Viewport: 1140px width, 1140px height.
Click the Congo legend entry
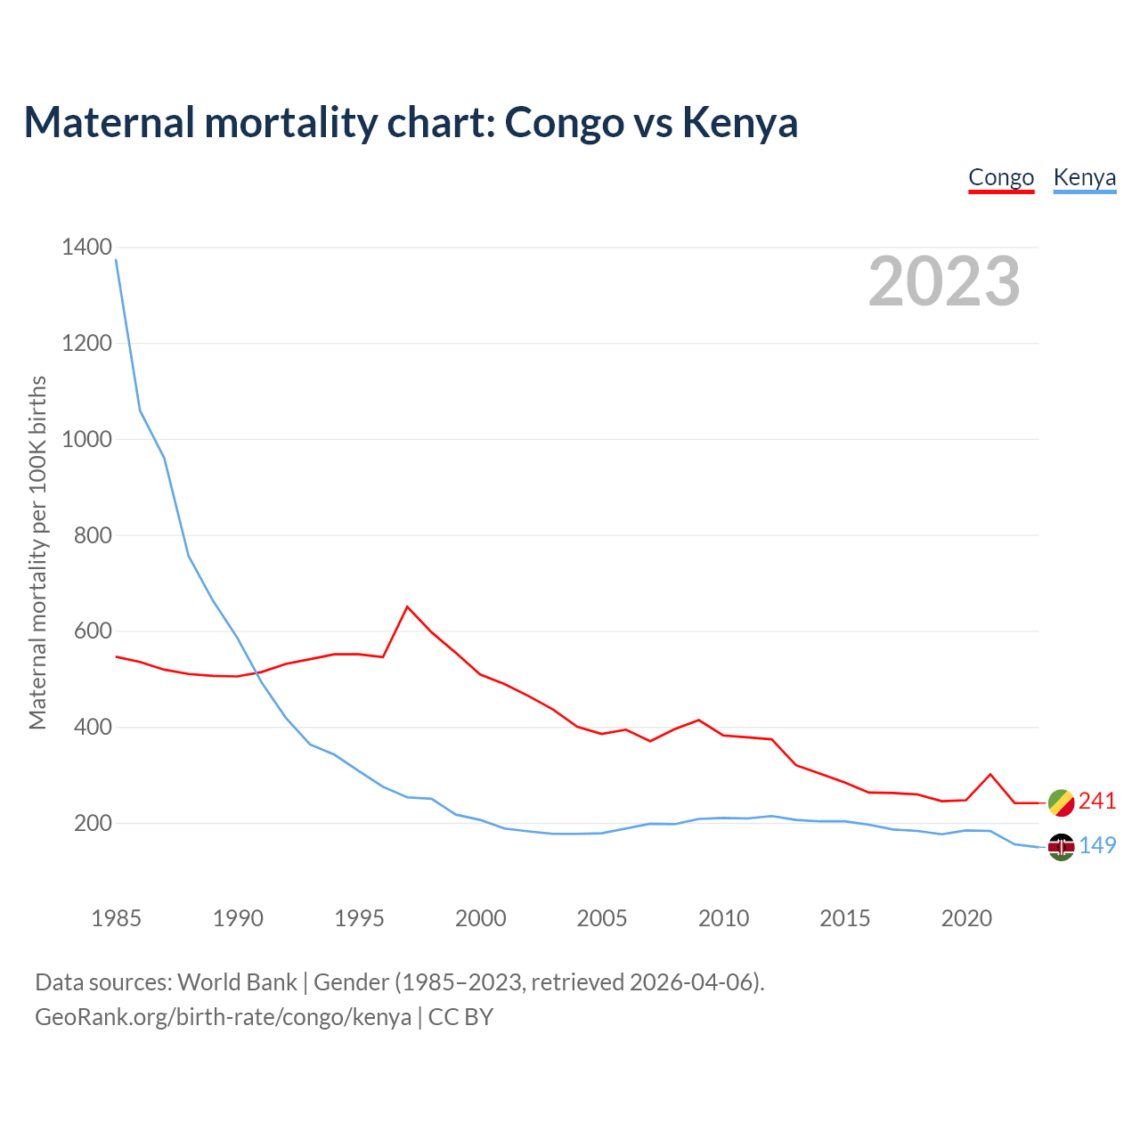tap(1001, 177)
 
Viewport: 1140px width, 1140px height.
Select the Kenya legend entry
tap(1084, 177)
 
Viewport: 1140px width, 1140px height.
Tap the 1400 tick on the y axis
tap(86, 247)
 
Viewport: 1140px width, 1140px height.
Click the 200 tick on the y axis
tap(92, 824)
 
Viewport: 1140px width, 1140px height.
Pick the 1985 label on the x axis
tap(116, 918)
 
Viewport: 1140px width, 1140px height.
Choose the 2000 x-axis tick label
tap(480, 918)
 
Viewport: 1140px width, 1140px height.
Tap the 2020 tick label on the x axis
tap(966, 918)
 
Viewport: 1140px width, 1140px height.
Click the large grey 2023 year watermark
tap(944, 281)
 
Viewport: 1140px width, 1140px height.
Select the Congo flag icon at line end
tap(1061, 802)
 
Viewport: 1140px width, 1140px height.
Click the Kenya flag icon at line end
tap(1061, 847)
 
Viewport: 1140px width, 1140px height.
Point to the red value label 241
tap(1097, 802)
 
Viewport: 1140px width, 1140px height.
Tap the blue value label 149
tap(1097, 846)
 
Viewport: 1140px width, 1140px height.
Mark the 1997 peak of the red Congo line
tap(407, 607)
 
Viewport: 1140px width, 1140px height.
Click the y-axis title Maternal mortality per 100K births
tap(37, 552)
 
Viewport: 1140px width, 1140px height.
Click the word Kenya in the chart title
tap(739, 122)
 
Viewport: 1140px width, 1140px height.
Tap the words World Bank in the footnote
tap(237, 982)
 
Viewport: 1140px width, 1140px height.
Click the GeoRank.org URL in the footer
tap(223, 1017)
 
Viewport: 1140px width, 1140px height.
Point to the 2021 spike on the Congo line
tap(990, 774)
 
